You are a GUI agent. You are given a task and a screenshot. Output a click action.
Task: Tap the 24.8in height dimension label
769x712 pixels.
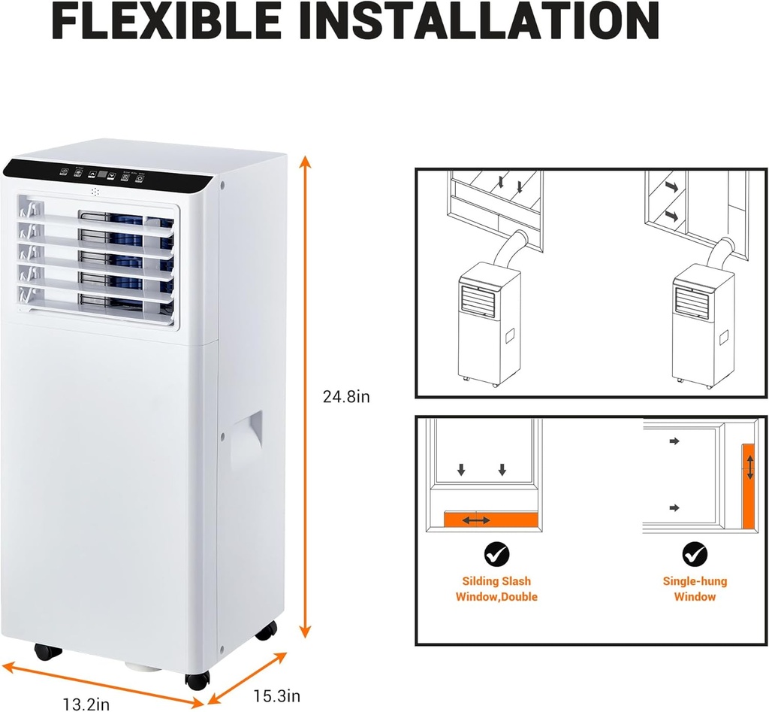(346, 396)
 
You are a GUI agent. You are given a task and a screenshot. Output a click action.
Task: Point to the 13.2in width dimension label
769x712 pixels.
(86, 704)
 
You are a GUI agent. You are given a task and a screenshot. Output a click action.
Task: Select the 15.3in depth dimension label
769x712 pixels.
(276, 695)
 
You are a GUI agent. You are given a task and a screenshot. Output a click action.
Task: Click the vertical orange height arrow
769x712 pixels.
(305, 396)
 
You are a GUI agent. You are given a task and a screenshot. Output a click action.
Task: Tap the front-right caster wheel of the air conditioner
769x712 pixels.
(197, 679)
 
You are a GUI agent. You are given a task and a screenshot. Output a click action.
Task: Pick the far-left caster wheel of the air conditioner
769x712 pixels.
(48, 651)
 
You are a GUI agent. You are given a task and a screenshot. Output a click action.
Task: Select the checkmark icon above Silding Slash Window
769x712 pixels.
(496, 555)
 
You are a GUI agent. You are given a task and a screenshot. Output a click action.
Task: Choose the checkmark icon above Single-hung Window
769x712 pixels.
(695, 555)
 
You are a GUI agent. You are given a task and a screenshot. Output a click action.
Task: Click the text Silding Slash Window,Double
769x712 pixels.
(496, 589)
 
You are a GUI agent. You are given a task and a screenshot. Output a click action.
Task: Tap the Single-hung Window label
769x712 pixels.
(695, 589)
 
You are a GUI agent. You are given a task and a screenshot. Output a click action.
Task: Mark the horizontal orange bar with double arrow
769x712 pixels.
(490, 520)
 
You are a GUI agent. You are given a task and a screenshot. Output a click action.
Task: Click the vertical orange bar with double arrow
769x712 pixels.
(749, 485)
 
